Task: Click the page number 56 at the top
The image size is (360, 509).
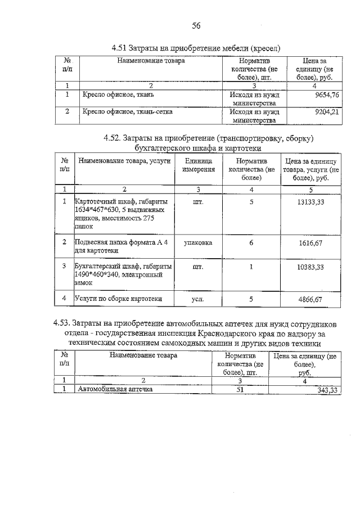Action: (x=196, y=25)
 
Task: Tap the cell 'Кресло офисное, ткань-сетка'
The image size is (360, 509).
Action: (x=127, y=111)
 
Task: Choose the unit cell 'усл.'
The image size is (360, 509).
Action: (x=198, y=299)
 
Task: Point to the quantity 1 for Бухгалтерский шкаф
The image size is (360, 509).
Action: (x=251, y=267)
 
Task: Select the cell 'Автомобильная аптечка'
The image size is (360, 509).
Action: (x=115, y=389)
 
